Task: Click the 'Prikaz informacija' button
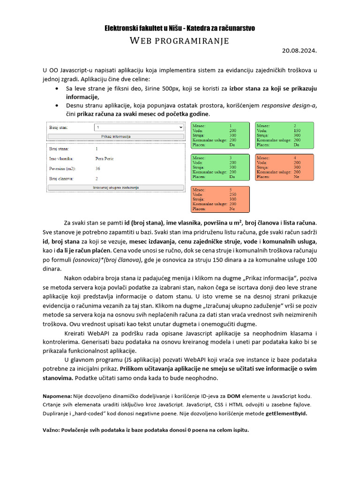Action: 116,136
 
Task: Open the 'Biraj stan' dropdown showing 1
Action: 139,127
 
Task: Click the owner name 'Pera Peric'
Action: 104,158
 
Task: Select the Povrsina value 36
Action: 97,168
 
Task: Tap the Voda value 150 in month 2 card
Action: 297,131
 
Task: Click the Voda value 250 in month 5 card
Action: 233,194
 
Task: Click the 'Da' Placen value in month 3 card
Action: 232,177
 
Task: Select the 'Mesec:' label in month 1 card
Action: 199,126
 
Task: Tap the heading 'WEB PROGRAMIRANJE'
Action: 180,41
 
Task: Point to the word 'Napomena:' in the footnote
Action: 57,396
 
